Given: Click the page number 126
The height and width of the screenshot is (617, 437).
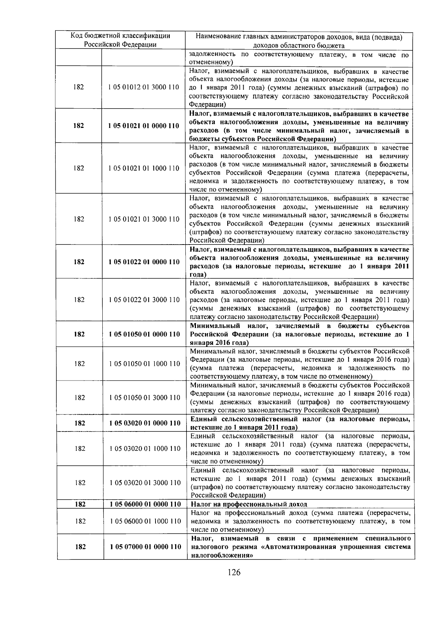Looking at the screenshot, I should (x=234, y=572).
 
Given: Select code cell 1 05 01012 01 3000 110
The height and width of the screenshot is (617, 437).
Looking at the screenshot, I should (x=144, y=87).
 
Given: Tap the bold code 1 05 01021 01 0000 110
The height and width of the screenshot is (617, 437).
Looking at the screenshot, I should (x=144, y=126).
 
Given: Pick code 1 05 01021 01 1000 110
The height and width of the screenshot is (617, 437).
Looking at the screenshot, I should (x=144, y=168).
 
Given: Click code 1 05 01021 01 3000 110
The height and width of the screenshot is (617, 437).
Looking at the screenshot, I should (x=144, y=219).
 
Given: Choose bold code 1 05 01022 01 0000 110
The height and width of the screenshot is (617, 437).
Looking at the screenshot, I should (x=144, y=262).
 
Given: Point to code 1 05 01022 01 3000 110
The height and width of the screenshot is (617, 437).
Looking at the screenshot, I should (x=144, y=300).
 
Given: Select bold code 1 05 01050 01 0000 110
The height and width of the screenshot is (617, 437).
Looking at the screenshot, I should (x=144, y=334).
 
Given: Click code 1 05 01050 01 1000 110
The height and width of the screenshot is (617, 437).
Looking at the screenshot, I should (x=145, y=364).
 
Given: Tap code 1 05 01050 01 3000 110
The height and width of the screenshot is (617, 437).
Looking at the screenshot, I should (x=145, y=398).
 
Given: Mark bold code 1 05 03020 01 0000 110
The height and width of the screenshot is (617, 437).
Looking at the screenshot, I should (x=145, y=423).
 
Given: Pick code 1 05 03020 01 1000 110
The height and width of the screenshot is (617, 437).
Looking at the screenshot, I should (x=145, y=449).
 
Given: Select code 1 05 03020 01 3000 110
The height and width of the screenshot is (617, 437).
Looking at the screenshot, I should (x=145, y=483).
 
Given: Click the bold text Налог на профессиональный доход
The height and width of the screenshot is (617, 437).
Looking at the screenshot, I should (x=249, y=504).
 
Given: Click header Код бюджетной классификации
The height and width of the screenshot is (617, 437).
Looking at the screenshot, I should (x=120, y=36).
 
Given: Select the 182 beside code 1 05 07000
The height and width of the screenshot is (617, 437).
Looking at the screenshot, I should (x=80, y=547).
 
